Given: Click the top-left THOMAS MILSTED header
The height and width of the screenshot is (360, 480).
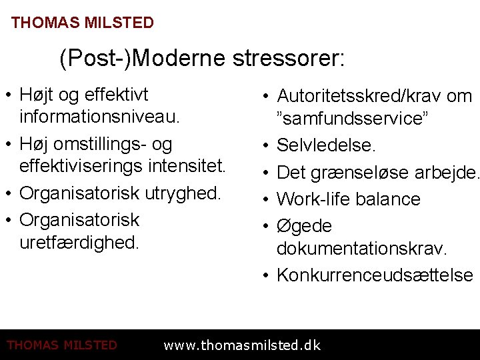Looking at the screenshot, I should (x=83, y=23).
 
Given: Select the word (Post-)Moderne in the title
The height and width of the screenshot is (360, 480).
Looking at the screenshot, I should (x=143, y=59).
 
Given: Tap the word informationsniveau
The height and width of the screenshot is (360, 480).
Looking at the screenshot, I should (x=100, y=118).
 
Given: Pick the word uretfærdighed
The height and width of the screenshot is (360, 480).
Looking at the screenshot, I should (x=79, y=242).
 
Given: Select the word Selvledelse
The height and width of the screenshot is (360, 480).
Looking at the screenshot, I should (x=326, y=145).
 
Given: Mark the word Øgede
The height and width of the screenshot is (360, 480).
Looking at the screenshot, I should (x=304, y=226).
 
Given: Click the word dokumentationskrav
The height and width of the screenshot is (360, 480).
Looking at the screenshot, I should (x=362, y=249).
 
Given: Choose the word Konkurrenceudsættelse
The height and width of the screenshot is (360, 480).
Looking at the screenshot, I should (x=375, y=275).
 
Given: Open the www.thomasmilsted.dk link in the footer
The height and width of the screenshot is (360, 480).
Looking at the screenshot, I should (x=242, y=345).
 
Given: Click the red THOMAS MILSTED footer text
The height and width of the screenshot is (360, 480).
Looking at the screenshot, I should (x=61, y=345).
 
